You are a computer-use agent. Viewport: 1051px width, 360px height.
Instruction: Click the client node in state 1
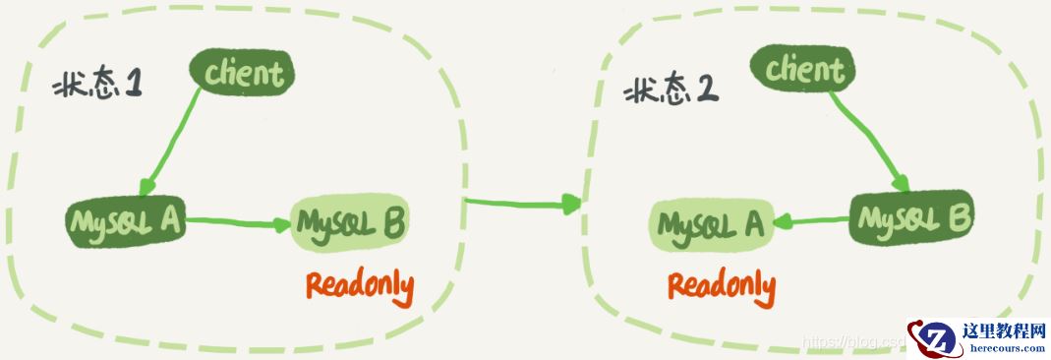coord(243,73)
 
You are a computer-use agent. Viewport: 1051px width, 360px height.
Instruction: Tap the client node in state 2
coord(803,69)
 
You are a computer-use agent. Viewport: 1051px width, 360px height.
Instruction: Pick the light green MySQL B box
coord(349,224)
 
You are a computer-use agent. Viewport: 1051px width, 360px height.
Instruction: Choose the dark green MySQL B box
coord(910,217)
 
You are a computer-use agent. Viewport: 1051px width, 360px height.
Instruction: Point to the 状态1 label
coord(99,86)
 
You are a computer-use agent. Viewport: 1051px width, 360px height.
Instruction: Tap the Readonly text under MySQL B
coord(359,285)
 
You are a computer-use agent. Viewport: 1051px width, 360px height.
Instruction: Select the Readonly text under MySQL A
coord(722,285)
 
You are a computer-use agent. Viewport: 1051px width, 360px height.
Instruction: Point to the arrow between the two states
coord(521,204)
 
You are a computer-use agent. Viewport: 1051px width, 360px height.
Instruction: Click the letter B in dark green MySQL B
coord(958,215)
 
